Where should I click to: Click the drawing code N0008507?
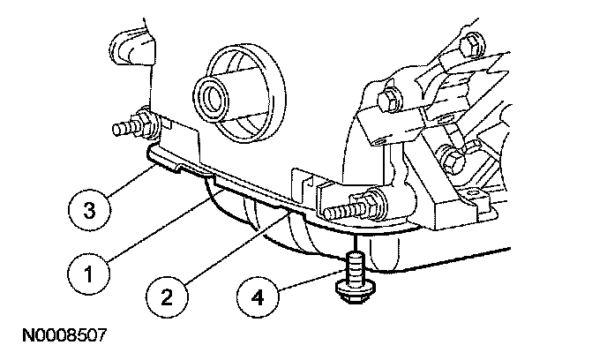click(59, 337)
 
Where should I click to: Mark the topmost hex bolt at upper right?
click(472, 42)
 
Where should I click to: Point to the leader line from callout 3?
click(124, 181)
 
